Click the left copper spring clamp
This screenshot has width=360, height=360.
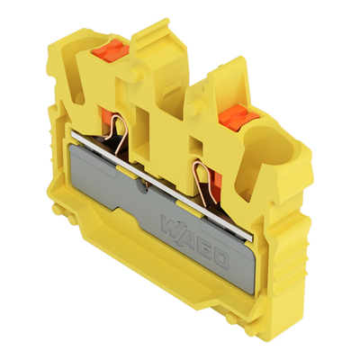120,144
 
